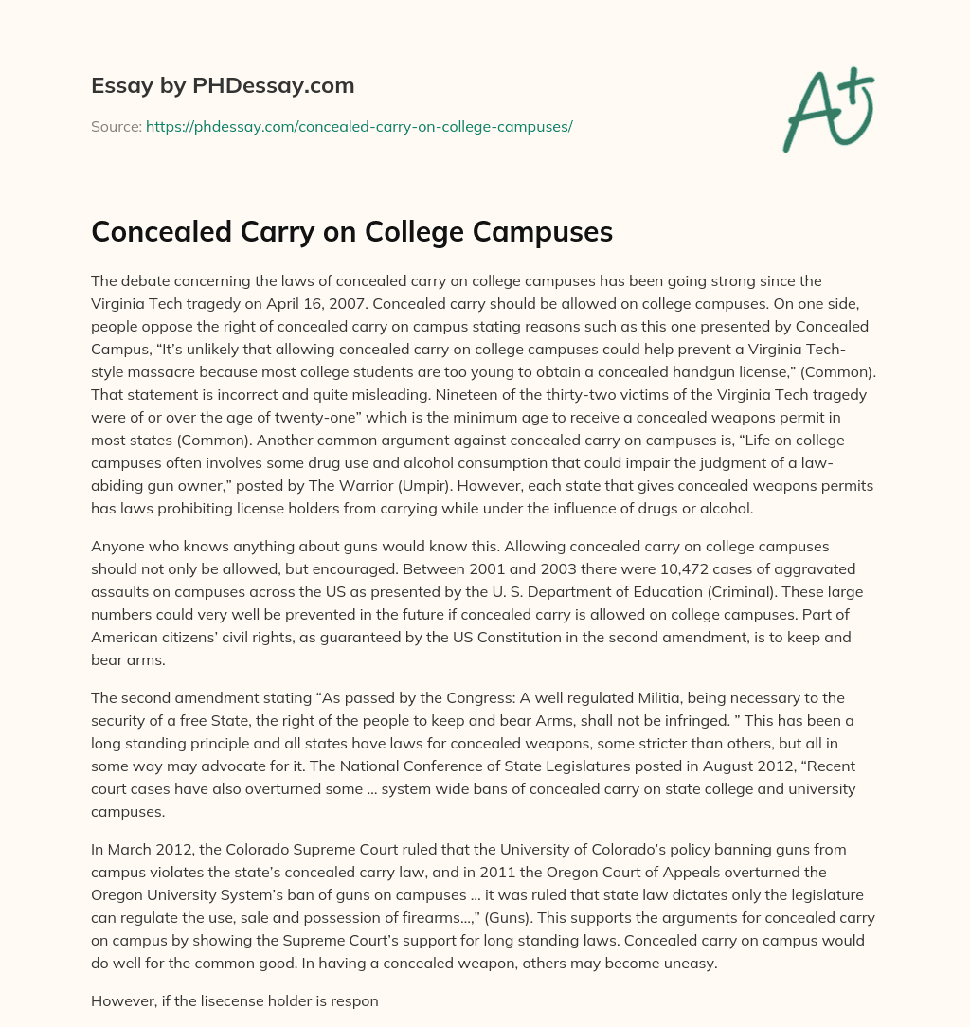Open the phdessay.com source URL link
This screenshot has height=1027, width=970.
359,125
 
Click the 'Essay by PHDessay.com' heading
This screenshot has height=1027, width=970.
223,86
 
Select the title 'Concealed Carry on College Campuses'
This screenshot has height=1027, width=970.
351,231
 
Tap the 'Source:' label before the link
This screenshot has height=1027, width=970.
116,125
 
